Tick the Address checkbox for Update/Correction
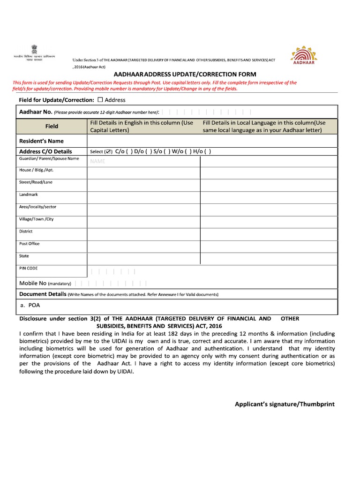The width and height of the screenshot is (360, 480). coord(100,100)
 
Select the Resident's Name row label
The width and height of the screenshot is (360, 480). coord(41,141)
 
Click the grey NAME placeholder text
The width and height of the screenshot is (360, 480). coord(97,161)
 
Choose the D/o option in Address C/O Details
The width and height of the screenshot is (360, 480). coord(140,151)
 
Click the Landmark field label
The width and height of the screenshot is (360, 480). coord(28,194)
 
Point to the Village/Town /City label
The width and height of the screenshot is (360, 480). coord(36,219)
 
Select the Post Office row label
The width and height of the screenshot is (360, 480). coord(29,244)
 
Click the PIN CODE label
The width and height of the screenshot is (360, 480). coord(28,269)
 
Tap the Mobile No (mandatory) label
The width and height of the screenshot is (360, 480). coord(45,284)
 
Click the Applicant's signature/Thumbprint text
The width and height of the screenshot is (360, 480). coord(285,404)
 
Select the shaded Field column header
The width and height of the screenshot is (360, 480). coord(52,126)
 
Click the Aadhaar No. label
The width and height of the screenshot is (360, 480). coord(36,112)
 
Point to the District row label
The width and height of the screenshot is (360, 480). coord(26,231)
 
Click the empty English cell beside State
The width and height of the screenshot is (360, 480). coord(143,258)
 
